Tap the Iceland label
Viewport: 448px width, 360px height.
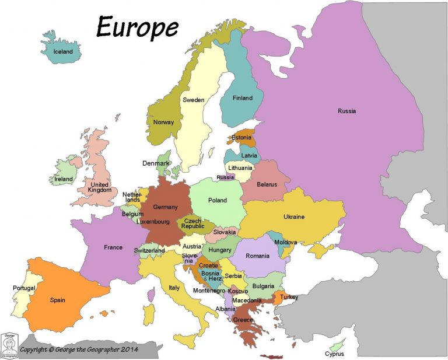pyautogui.click(x=63, y=51)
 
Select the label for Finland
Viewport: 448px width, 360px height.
pyautogui.click(x=243, y=98)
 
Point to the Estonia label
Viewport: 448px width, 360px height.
pyautogui.click(x=241, y=138)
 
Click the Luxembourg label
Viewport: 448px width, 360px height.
pyautogui.click(x=153, y=222)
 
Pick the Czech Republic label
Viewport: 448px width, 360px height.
pyautogui.click(x=192, y=224)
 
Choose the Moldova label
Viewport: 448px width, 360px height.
pyautogui.click(x=286, y=242)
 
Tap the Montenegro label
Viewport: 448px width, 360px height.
pyautogui.click(x=209, y=291)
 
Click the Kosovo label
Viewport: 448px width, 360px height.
pyautogui.click(x=238, y=291)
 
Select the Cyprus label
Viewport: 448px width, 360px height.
pyautogui.click(x=335, y=354)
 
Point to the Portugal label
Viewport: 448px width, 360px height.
pyautogui.click(x=24, y=288)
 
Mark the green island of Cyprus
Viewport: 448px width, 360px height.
pyautogui.click(x=337, y=344)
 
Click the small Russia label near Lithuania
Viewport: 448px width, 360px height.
pyautogui.click(x=225, y=177)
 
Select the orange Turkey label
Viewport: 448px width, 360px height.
pyautogui.click(x=289, y=297)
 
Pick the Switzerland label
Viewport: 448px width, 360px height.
pyautogui.click(x=149, y=250)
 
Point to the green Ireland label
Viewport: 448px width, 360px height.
pyautogui.click(x=64, y=179)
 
